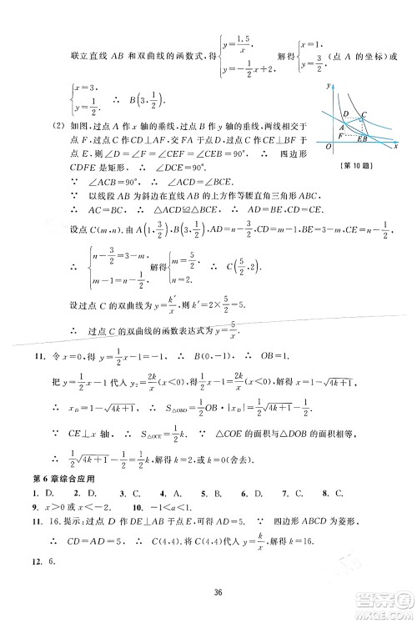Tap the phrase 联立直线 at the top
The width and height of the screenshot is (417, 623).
tap(73, 56)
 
